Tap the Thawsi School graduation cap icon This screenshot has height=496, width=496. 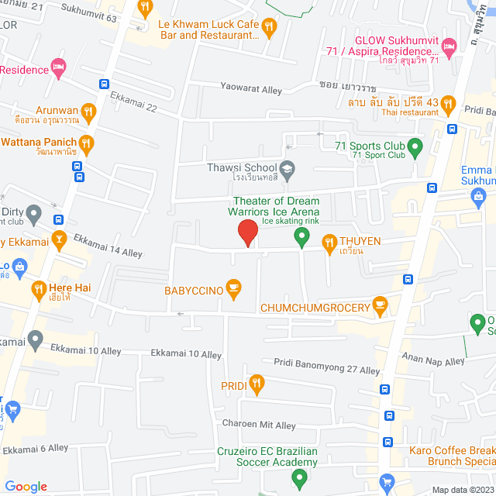click(288, 168)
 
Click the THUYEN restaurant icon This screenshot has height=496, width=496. click(329, 242)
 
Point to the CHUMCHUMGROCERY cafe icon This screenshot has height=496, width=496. click(380, 308)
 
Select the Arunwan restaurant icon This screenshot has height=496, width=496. click(88, 111)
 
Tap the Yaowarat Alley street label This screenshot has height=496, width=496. click(251, 91)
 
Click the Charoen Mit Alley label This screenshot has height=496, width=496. click(260, 425)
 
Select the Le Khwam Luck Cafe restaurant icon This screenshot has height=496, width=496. click(268, 29)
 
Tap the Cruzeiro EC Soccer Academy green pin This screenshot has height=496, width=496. click(297, 480)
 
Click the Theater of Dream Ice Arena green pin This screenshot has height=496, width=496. click(301, 237)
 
